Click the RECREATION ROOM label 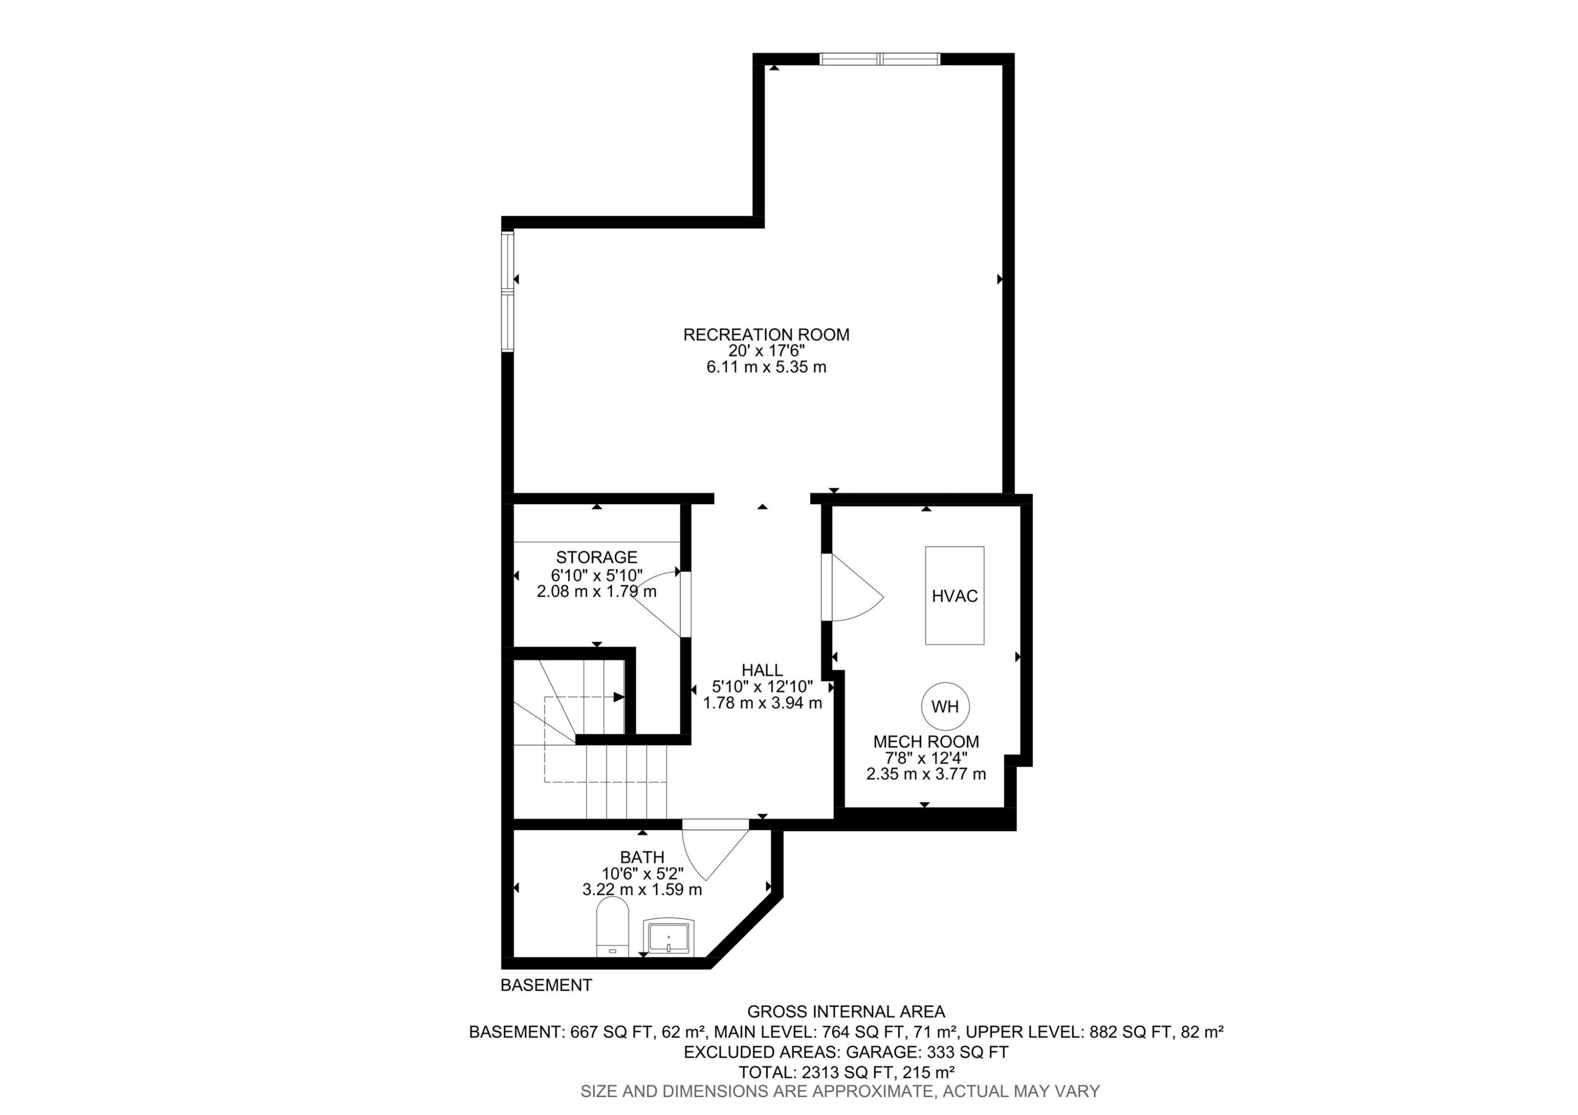766,335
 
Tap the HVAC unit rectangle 954,595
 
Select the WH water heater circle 945,707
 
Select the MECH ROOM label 926,742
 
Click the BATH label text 642,857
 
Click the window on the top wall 879,59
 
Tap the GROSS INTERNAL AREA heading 846,1012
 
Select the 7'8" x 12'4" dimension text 926,758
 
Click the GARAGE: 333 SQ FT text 926,1052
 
